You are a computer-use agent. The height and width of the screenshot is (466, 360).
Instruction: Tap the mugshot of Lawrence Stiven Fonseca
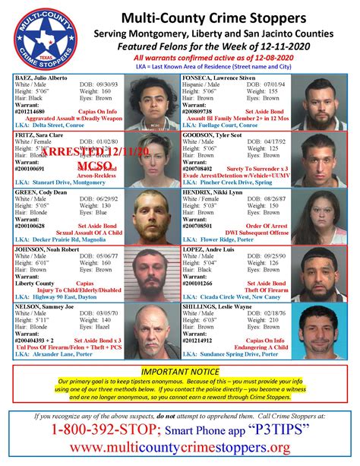click(x=318, y=101)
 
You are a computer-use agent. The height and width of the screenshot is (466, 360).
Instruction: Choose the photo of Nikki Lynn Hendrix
click(x=318, y=216)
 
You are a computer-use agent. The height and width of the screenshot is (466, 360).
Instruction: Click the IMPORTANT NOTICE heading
click(x=179, y=370)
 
